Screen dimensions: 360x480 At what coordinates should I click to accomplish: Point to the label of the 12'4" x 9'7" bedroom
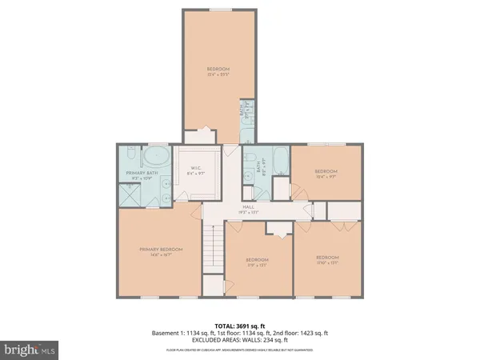point(325,171)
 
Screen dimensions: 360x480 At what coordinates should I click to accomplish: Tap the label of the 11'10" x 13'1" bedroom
point(324,258)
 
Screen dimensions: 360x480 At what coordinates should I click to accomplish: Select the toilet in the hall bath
point(250,157)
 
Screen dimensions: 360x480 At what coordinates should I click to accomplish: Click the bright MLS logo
point(30,350)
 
